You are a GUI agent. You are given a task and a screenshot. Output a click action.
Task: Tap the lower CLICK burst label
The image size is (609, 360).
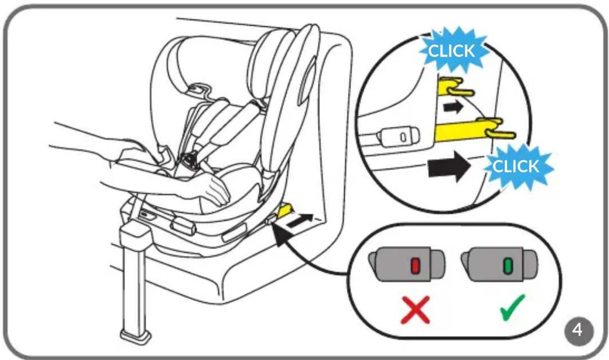[x=516, y=166]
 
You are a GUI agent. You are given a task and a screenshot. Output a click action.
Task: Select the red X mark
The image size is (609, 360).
[x=415, y=310]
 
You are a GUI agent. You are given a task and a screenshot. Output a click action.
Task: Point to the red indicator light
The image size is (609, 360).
[x=416, y=266]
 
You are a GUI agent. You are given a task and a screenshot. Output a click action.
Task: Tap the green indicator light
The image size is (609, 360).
[x=508, y=266]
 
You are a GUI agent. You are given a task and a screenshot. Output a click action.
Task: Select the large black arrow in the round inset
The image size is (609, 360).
[x=449, y=166]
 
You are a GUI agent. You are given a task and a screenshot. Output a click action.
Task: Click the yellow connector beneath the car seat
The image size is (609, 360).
[x=284, y=211]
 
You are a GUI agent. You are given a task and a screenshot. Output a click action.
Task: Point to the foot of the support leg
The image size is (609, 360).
[x=136, y=337]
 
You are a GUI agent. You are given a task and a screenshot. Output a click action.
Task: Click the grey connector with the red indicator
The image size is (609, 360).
[x=407, y=264]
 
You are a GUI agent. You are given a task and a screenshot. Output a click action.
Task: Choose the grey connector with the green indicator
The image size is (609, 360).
[x=499, y=264]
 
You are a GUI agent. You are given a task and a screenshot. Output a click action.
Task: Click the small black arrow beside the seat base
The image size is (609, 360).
[x=300, y=221]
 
